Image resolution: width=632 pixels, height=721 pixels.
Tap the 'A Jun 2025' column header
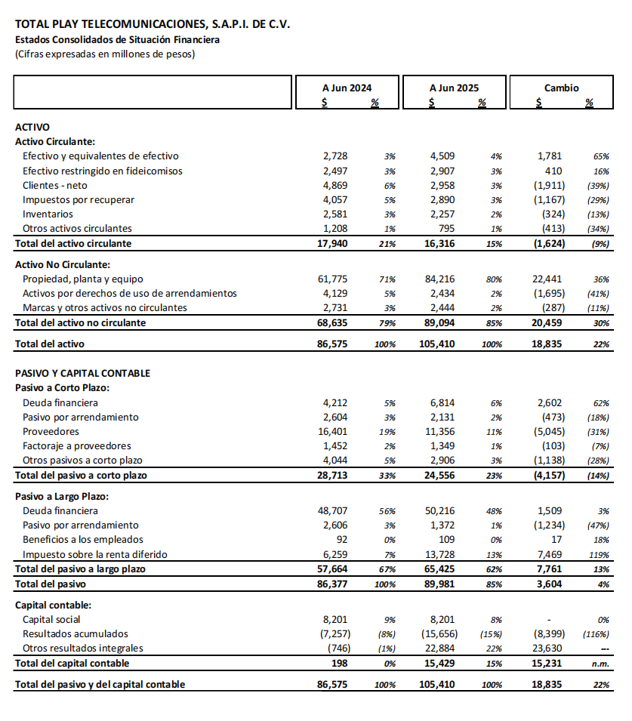point(454,88)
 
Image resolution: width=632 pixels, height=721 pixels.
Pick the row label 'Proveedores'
point(51,431)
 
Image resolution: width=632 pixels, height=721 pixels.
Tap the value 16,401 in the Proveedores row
point(332,431)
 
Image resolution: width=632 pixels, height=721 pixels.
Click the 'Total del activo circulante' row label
point(73,243)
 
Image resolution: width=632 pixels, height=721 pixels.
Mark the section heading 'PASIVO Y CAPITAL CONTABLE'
point(83,373)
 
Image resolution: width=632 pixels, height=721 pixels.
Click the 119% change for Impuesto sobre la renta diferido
point(601,554)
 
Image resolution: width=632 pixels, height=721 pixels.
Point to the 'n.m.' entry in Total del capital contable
point(601,663)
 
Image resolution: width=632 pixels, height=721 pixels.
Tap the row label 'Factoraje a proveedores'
point(77,445)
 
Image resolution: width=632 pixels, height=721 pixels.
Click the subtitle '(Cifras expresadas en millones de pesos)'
point(105,54)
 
